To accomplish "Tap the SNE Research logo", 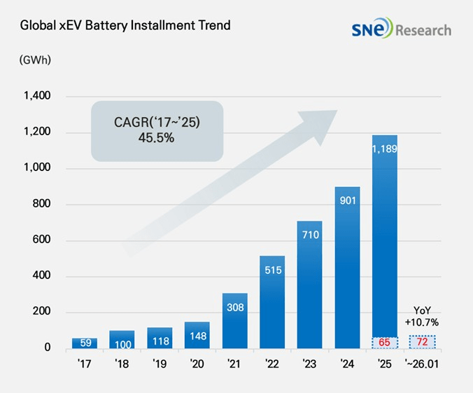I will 402,29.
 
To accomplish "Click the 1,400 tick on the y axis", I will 37,97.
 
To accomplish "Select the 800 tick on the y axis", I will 43,205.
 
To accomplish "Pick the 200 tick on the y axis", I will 43,312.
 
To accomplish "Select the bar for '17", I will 85,343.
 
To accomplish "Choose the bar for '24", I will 348,267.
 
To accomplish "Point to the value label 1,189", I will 385,148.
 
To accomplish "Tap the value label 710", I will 310,234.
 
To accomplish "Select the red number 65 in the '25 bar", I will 385,343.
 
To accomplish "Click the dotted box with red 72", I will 422,343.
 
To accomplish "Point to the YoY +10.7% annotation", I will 422,317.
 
